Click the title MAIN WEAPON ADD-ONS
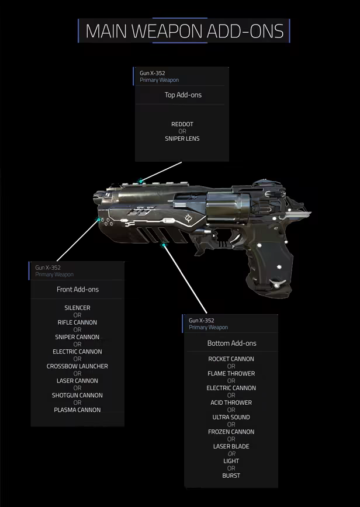coord(184,31)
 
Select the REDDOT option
coord(182,124)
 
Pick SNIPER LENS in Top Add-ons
coord(182,139)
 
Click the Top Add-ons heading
coord(183,95)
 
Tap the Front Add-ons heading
coord(78,289)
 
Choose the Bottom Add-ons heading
coord(231,343)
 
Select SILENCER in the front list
coord(77,308)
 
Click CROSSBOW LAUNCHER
coord(77,366)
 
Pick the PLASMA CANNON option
coord(77,410)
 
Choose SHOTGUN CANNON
coord(77,395)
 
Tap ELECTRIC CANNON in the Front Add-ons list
coord(77,352)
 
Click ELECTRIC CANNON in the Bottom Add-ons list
coord(231,388)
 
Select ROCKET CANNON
coord(231,359)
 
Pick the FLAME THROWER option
coord(231,373)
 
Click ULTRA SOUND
coord(231,417)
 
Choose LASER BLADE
coord(231,446)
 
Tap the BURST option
coord(231,475)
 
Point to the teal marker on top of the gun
coord(141,182)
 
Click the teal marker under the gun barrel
coord(164,245)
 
